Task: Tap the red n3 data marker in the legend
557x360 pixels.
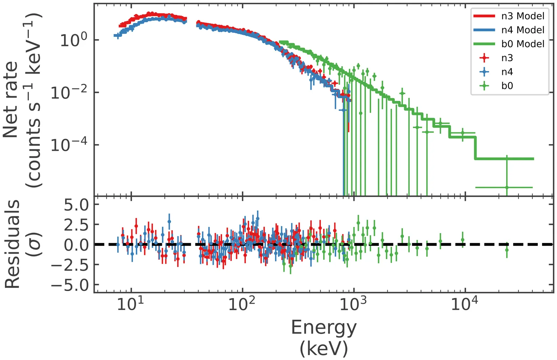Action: [484, 58]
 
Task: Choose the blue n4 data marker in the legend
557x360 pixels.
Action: [484, 72]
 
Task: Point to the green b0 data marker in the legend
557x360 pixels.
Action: [484, 86]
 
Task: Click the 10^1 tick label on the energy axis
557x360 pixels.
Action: [130, 304]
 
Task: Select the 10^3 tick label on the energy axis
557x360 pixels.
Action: [353, 304]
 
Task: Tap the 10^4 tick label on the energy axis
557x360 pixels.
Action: [464, 304]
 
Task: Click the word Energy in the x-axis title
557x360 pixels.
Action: [324, 328]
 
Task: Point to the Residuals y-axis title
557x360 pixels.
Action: [12, 244]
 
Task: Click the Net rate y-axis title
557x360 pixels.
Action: [10, 99]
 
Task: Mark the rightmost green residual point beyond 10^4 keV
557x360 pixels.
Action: [507, 250]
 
